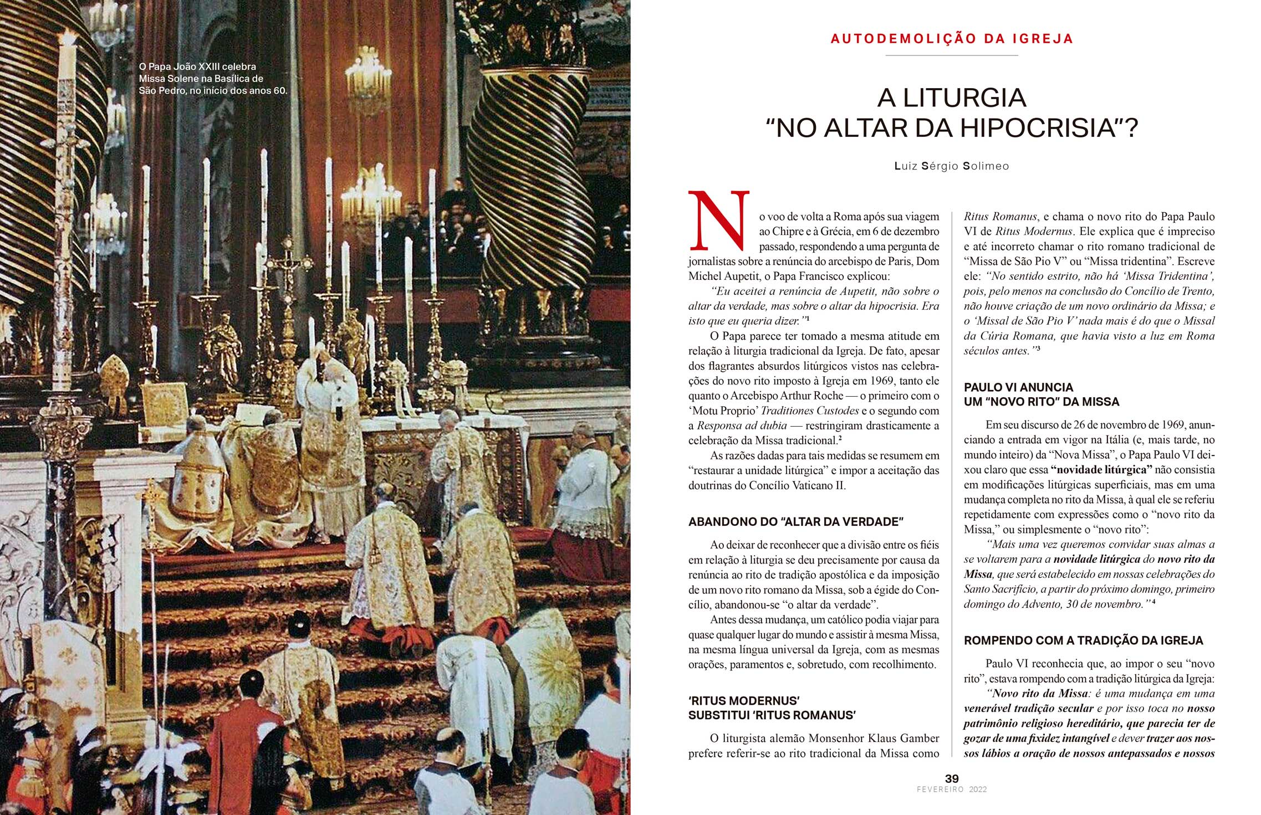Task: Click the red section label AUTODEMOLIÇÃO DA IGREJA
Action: (x=952, y=39)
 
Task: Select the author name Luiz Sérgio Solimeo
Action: (x=952, y=166)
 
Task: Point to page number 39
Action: (x=952, y=778)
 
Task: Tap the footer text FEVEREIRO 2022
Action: (x=952, y=790)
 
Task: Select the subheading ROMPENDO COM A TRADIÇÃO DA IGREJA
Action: (x=1083, y=640)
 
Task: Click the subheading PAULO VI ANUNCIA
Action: (x=1018, y=387)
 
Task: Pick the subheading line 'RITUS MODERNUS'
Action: (x=744, y=701)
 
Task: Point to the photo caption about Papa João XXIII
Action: (x=213, y=79)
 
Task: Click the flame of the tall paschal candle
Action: (x=69, y=38)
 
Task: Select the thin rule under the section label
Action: (x=952, y=55)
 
